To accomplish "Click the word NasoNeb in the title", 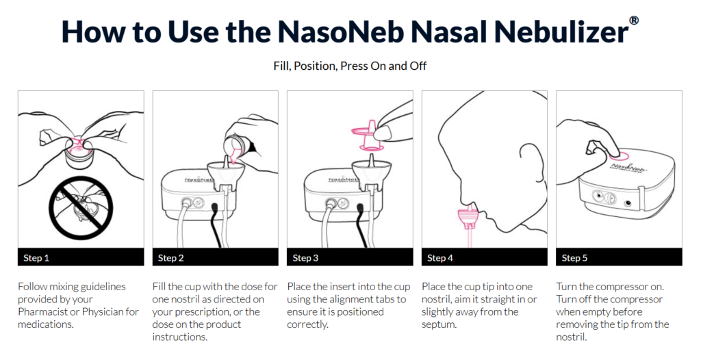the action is point(340,31).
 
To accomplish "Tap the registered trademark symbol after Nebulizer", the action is point(633,21).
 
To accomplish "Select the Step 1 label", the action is point(36,257).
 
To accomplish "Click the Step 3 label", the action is point(305,257).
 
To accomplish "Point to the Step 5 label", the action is point(574,257).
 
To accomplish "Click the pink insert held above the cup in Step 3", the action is point(369,135).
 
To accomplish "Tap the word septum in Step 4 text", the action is point(439,324).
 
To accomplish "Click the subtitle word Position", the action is point(314,66).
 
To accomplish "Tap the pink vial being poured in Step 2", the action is point(233,148).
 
